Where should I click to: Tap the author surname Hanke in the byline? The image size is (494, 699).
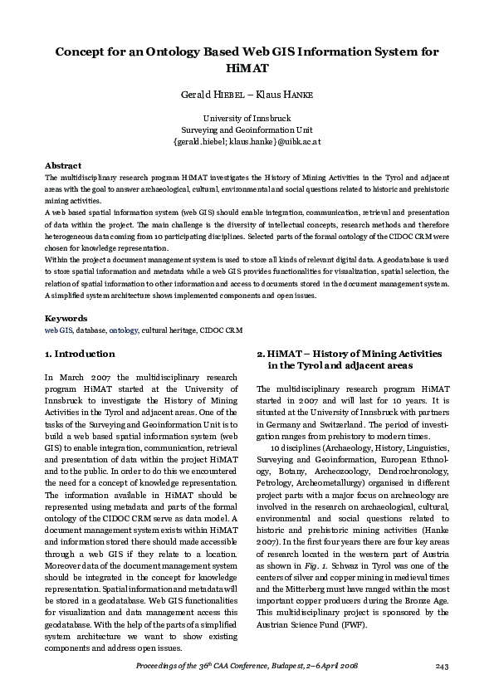296,95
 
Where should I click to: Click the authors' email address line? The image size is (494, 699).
247,142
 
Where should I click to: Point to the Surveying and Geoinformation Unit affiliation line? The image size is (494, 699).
247,130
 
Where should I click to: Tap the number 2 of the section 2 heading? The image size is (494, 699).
260,354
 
